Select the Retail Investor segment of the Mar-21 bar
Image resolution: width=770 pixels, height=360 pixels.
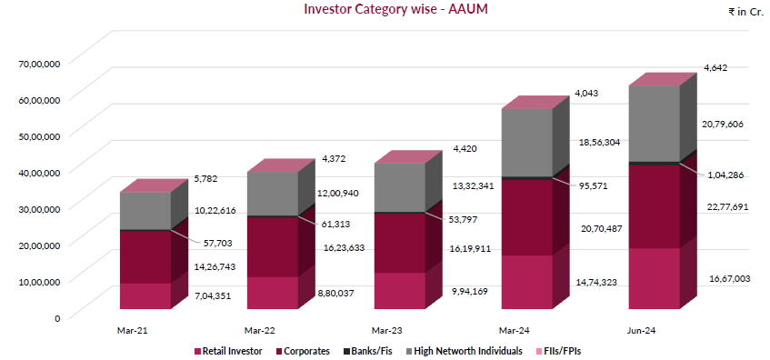coord(145,295)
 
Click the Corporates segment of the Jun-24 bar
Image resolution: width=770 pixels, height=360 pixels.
coord(654,205)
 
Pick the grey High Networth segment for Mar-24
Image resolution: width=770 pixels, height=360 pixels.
coord(526,142)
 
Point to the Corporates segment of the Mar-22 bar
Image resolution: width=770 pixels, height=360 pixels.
coord(273,246)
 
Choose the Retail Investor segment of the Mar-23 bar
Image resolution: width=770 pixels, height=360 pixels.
coord(400,290)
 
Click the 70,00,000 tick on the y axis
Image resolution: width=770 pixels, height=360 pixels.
coord(40,63)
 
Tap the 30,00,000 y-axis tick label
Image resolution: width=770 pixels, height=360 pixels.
coord(40,208)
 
